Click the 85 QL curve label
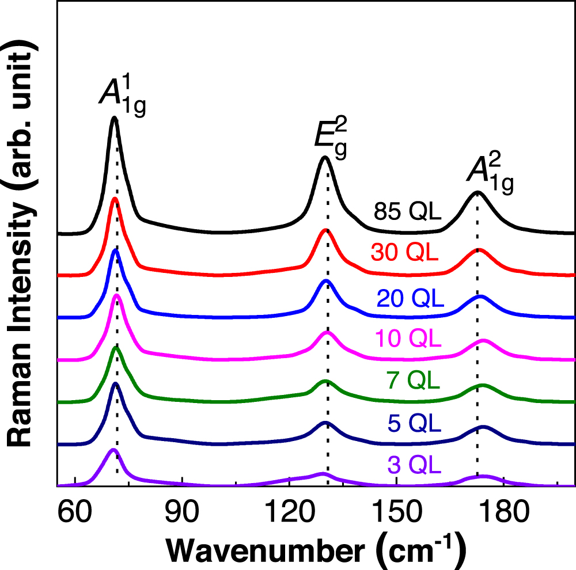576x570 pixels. click(407, 212)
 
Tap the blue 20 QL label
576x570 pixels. click(410, 298)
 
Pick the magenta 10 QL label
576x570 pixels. click(408, 339)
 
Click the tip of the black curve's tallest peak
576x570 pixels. click(114, 117)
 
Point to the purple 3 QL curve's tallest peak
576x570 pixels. click(113, 449)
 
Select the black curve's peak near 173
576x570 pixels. click(477, 192)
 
